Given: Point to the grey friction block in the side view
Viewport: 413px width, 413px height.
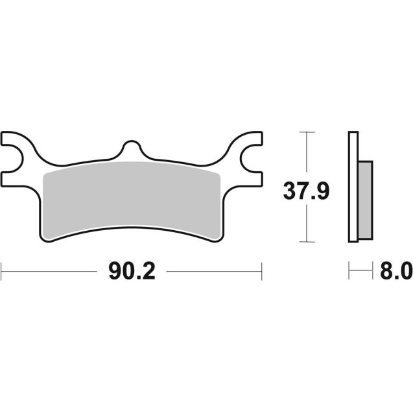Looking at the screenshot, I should (366, 199).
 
